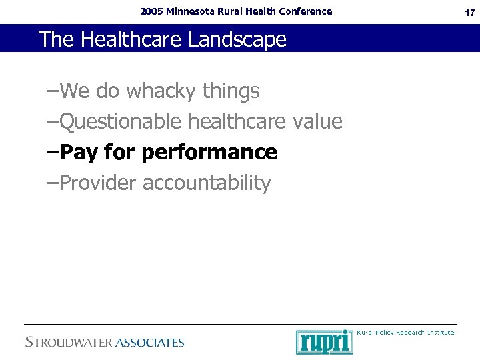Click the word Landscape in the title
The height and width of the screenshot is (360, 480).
[x=237, y=40]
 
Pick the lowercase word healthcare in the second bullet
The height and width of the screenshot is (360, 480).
[x=237, y=122]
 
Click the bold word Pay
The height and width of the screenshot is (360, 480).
[x=79, y=153]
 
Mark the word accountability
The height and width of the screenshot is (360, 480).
[x=207, y=183]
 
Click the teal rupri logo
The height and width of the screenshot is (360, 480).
[x=324, y=342]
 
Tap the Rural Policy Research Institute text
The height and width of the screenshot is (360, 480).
[x=405, y=332]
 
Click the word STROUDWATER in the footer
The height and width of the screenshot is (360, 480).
[x=69, y=343]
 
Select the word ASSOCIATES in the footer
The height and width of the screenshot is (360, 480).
[x=150, y=343]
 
